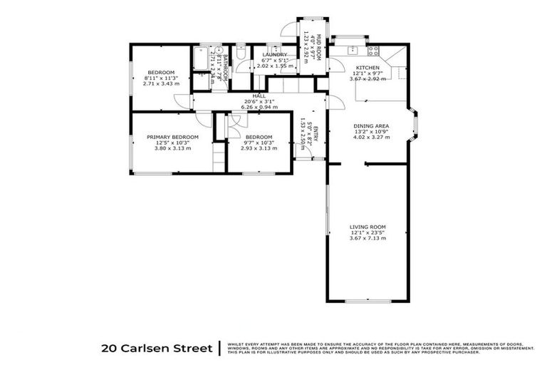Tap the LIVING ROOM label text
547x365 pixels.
368,227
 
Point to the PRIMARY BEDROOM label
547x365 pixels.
172,137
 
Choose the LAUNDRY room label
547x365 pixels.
274,54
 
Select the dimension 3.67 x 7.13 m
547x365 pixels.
368,238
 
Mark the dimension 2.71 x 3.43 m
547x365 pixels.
161,83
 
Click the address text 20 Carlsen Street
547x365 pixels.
157,349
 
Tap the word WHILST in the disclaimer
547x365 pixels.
234,344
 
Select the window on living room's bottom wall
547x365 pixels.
368,300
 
